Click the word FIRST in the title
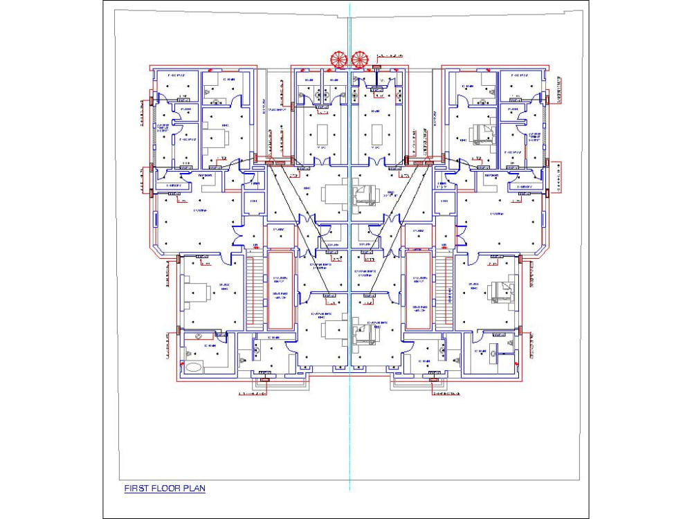(x=136, y=489)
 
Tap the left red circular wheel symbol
(x=338, y=59)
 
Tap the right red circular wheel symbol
(x=360, y=59)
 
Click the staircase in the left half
(x=255, y=291)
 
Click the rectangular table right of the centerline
(x=377, y=131)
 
